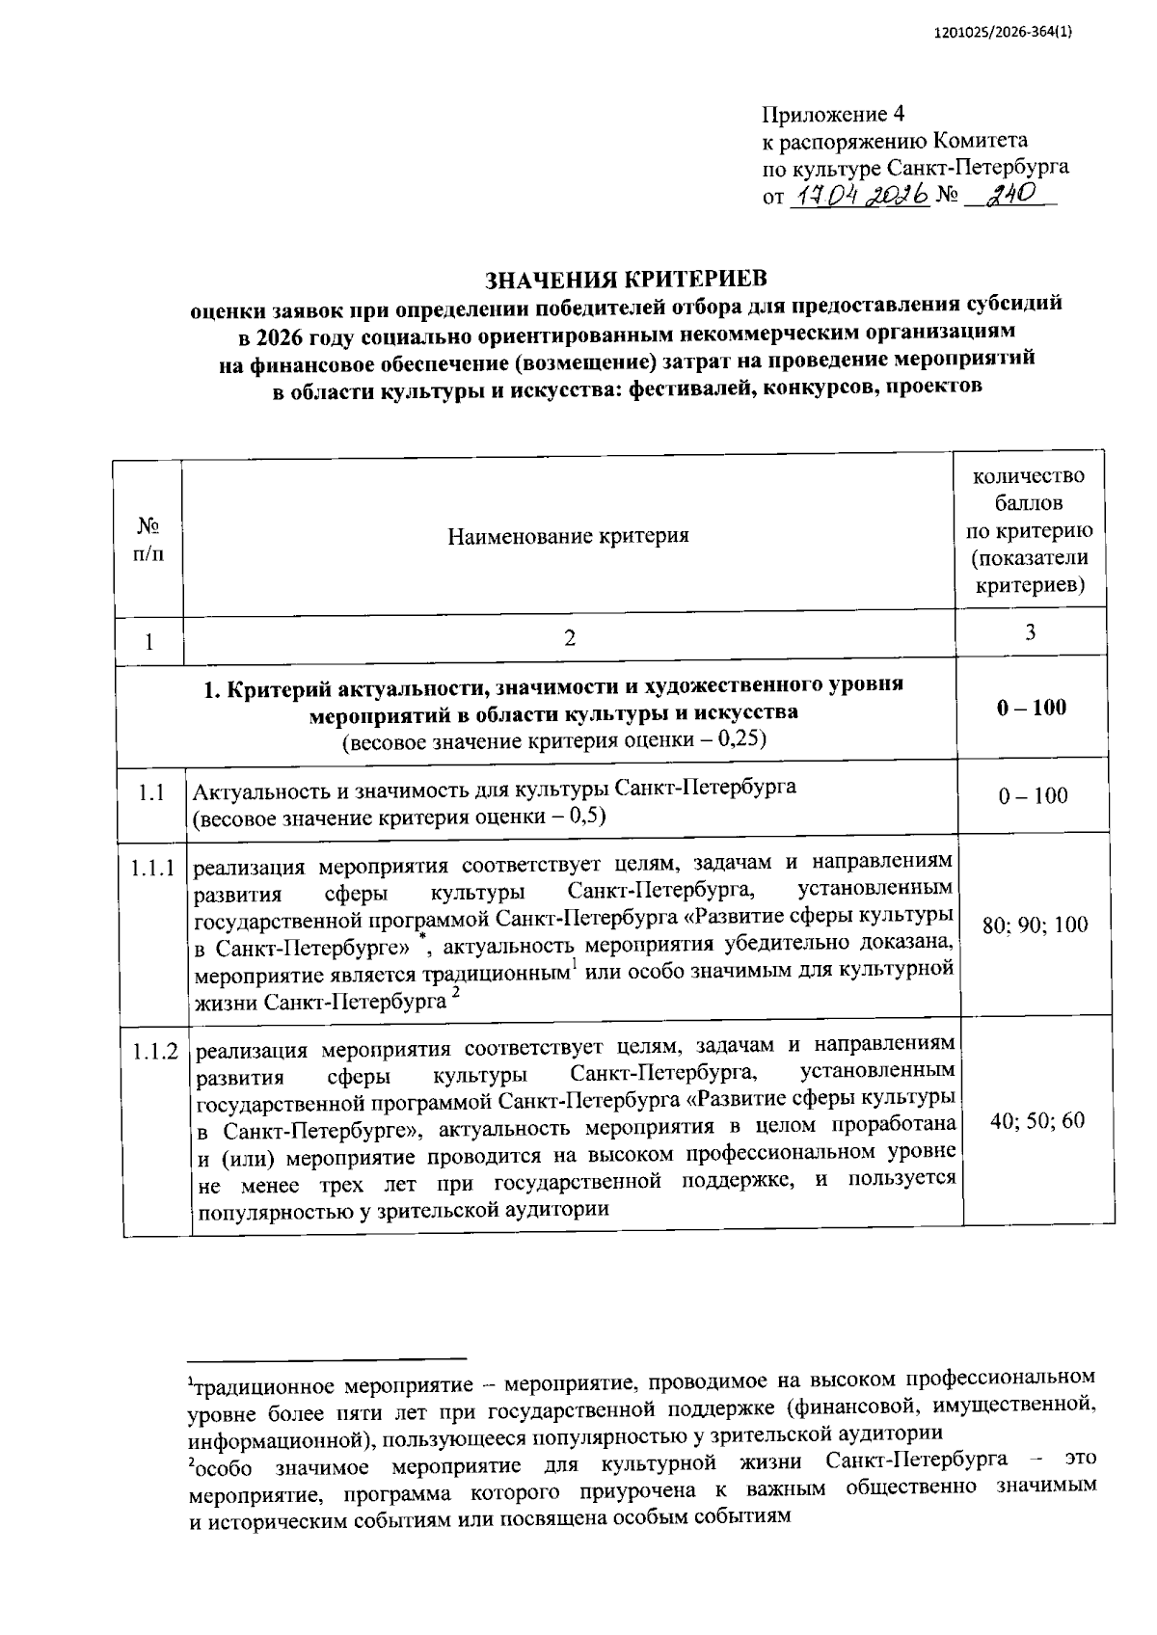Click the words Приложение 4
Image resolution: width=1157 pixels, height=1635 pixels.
coord(834,115)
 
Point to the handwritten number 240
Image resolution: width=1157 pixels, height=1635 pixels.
coord(1009,194)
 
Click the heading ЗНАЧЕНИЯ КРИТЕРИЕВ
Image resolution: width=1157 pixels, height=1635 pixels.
coord(626,280)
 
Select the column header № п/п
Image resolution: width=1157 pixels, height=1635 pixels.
coord(148,540)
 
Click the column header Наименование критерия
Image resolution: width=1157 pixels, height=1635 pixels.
coord(568,536)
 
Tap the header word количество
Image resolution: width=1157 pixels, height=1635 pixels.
coord(1029,476)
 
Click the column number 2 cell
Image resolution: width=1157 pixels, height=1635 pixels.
coord(569,638)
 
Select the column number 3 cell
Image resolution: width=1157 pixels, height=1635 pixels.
coord(1030,633)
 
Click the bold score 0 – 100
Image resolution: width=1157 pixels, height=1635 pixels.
coord(1032,708)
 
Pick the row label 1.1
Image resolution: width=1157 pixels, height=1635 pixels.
coord(149,793)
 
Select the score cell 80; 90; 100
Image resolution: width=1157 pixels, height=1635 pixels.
coord(1035,925)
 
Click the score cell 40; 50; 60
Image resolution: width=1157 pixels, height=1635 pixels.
coord(1036,1120)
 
